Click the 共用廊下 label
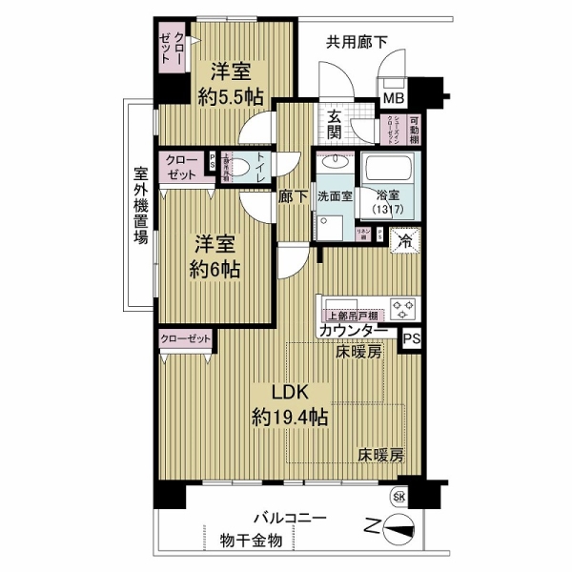click(357, 41)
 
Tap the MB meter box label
click(393, 98)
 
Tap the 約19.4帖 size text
click(291, 417)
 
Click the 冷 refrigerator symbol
click(405, 241)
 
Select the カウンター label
click(353, 331)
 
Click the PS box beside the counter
click(410, 337)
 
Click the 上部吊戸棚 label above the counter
click(352, 315)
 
